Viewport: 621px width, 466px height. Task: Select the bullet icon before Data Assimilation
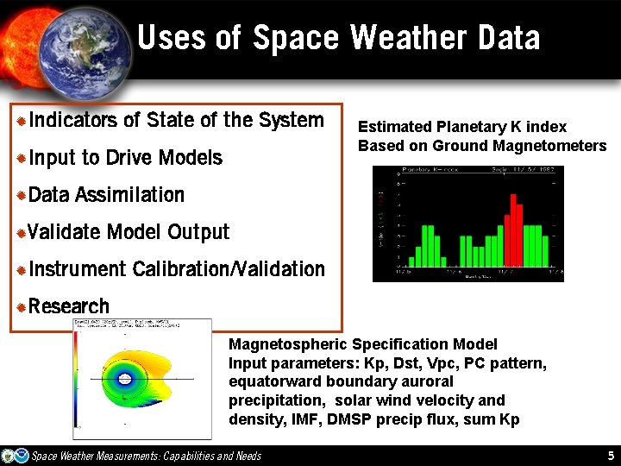point(22,196)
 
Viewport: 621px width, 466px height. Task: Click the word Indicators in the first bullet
point(72,120)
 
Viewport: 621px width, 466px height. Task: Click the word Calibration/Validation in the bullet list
point(229,269)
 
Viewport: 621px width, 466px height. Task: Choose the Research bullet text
point(69,306)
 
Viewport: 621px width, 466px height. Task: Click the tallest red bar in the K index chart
point(512,230)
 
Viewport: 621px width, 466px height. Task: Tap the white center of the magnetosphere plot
point(125,378)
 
